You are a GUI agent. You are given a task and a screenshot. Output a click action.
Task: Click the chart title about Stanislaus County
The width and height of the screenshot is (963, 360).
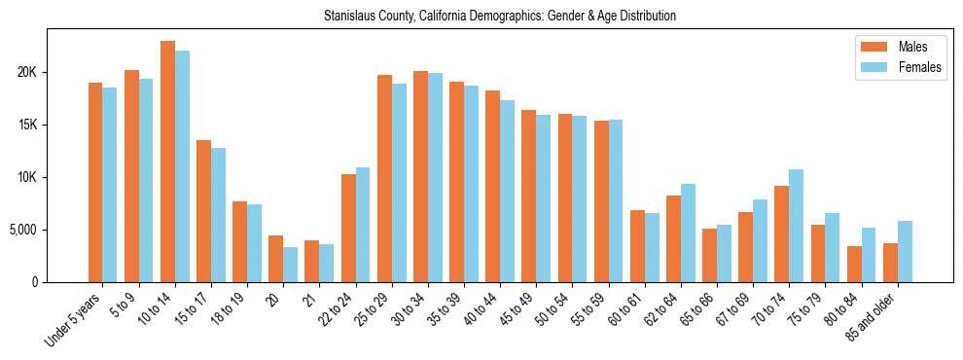tap(500, 17)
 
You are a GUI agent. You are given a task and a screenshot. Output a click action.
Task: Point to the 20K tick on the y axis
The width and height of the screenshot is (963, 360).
tap(29, 73)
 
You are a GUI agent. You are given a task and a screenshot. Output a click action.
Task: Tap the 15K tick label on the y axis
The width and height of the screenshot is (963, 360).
tap(29, 125)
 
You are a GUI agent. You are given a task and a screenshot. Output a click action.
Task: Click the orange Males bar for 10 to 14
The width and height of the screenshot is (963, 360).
tap(167, 162)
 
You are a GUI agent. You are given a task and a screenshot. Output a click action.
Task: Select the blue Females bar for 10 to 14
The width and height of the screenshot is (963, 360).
tap(182, 166)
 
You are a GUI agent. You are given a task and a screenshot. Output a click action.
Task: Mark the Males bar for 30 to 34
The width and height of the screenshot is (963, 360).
tap(420, 176)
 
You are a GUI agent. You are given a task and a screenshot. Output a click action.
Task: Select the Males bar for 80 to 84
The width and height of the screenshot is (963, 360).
tap(854, 264)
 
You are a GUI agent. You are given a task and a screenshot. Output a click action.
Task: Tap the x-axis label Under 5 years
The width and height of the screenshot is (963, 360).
tap(74, 318)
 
